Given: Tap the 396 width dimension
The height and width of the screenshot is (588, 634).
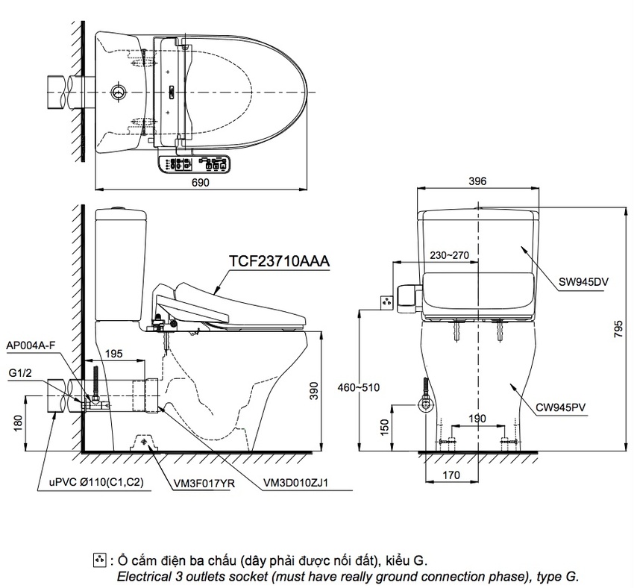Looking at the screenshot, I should (x=477, y=181).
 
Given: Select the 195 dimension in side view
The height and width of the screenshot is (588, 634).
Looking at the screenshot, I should (x=114, y=352).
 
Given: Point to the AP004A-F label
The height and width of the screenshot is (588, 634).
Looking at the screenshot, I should (x=31, y=346).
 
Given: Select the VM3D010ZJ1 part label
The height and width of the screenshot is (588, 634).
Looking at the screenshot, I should (x=295, y=483).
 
